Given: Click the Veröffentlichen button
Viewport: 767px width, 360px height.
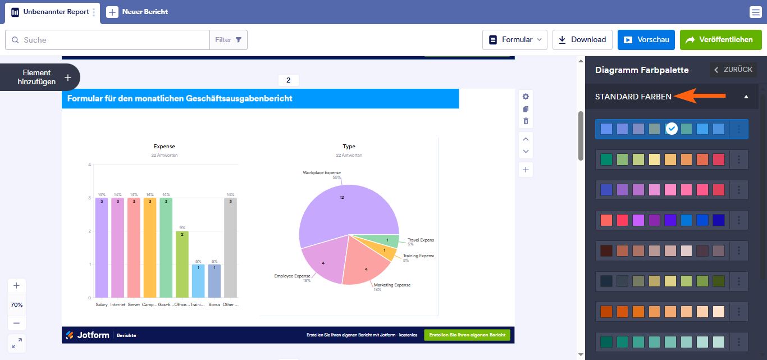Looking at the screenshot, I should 720,40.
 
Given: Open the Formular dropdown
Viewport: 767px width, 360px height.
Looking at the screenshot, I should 514,40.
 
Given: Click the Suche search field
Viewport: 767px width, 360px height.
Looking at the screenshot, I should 112,40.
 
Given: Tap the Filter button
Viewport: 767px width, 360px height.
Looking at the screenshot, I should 229,40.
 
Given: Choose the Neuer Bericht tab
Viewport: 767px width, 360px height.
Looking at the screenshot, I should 138,12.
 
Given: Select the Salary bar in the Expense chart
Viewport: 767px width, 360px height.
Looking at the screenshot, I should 102,247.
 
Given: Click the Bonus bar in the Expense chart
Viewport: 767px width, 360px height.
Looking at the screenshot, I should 214,280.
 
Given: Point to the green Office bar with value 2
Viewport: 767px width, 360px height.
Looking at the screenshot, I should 182,264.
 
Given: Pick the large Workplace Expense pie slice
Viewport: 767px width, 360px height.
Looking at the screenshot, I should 337,208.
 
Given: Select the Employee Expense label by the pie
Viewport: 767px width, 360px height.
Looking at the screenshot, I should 292,276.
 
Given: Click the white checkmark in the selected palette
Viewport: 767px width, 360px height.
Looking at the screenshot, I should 672,129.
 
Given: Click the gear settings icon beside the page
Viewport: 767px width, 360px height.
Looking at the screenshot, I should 526,97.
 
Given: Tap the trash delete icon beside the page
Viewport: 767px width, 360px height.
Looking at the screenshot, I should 526,121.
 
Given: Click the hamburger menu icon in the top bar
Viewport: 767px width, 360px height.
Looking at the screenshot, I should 755,12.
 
